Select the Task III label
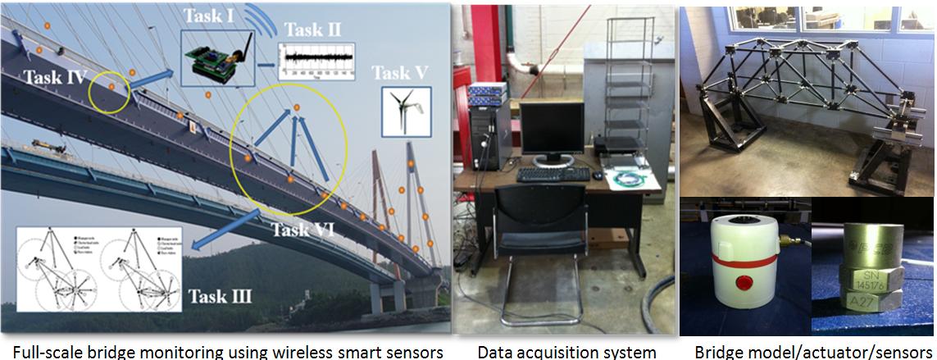[x=219, y=296]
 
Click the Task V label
[x=400, y=73]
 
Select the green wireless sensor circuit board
[x=212, y=59]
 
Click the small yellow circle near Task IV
[x=109, y=92]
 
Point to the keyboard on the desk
[x=553, y=174]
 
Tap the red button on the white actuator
[x=744, y=283]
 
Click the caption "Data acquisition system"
[x=566, y=352]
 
